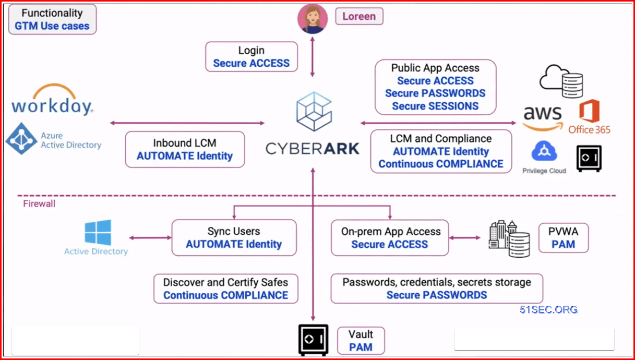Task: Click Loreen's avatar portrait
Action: pos(313,19)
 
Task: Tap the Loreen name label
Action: pos(359,16)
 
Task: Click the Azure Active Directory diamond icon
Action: pos(21,139)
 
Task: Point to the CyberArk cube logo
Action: pos(314,112)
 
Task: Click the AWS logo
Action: pos(543,118)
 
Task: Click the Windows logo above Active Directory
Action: pos(98,232)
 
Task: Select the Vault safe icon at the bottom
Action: pos(313,340)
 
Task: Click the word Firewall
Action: pos(39,203)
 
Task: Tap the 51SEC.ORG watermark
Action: pos(548,309)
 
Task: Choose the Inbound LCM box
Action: pos(185,149)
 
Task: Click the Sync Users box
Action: pos(234,237)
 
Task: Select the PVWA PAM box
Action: pos(564,238)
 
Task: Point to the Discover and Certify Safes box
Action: pos(225,289)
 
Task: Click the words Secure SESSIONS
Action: pos(435,106)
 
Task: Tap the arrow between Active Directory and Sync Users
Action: pos(150,237)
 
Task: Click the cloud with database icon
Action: pos(561,81)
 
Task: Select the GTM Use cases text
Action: pos(52,26)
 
